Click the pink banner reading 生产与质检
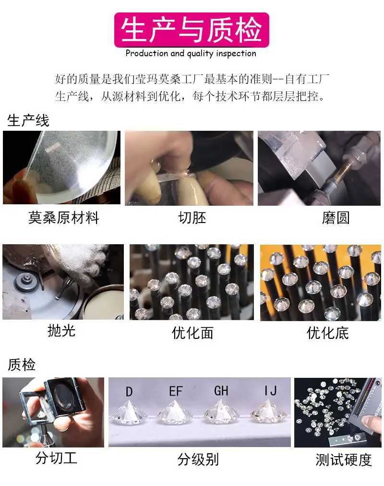click(x=192, y=30)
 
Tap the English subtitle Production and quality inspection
click(x=191, y=53)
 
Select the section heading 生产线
click(x=28, y=120)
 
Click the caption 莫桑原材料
click(x=64, y=218)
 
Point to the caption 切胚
click(x=192, y=218)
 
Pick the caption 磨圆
click(x=336, y=218)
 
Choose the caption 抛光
click(x=61, y=331)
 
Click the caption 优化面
click(x=192, y=333)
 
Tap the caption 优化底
click(x=328, y=333)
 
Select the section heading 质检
click(x=21, y=364)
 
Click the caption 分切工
click(x=56, y=458)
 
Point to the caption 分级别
click(x=198, y=460)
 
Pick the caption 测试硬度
click(x=344, y=460)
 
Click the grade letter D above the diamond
click(x=129, y=391)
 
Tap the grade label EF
click(x=176, y=391)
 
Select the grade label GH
click(x=221, y=391)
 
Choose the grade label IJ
click(x=270, y=391)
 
